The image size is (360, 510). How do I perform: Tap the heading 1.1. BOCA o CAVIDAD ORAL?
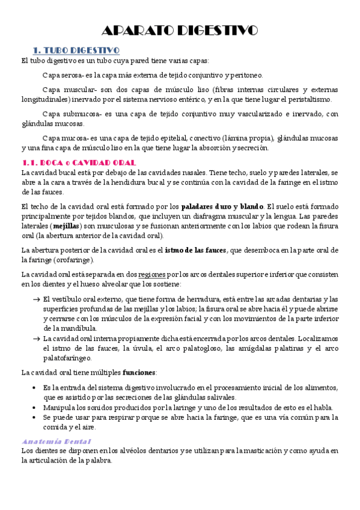pyautogui.click(x=79, y=162)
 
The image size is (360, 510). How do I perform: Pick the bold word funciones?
pyautogui.click(x=139, y=373)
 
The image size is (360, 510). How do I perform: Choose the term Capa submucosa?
pyautogui.click(x=68, y=114)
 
